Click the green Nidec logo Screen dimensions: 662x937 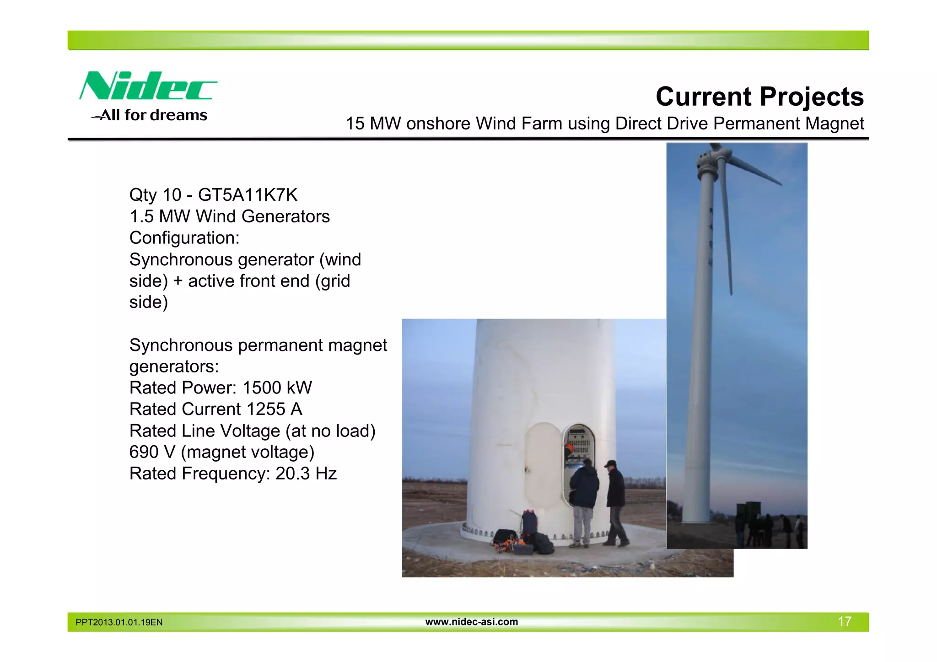[x=147, y=86]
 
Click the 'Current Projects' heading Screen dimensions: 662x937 [x=759, y=97]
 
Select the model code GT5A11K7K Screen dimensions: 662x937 [x=248, y=195]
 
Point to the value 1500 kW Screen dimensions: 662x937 [x=277, y=388]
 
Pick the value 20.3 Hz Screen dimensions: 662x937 [x=306, y=474]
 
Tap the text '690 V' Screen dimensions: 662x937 [x=152, y=452]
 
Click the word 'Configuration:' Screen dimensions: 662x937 [x=184, y=238]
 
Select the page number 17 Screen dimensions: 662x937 [x=844, y=621]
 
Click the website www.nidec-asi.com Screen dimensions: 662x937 [x=471, y=622]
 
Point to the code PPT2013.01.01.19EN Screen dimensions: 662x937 [x=119, y=622]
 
